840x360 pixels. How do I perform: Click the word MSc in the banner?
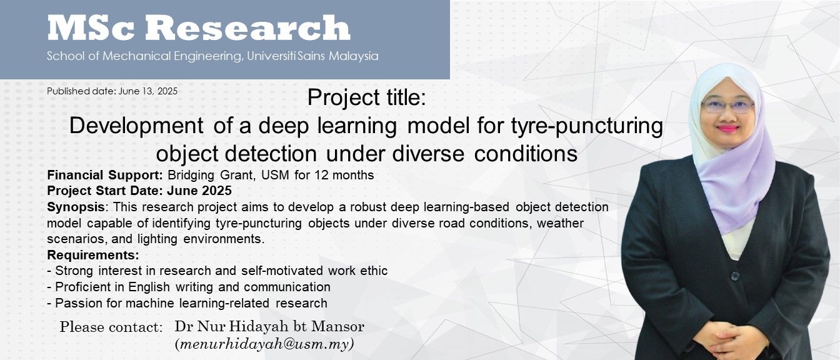pos(91,27)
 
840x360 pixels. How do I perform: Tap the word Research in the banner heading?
pos(248,27)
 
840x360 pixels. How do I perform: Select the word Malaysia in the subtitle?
pos(354,56)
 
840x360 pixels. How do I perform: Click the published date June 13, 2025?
pos(147,91)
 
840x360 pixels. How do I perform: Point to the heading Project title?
pos(367,98)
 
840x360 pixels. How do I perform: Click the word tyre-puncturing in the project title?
pos(587,126)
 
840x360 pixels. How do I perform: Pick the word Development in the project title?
pos(136,126)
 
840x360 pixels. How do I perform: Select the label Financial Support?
pos(105,175)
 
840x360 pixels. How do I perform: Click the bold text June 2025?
pos(199,191)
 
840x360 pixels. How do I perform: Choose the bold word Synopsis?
pos(76,207)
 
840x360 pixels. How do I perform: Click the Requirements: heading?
pos(93,255)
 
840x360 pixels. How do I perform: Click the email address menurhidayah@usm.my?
pos(264,344)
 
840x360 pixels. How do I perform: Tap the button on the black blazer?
pos(734,276)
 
